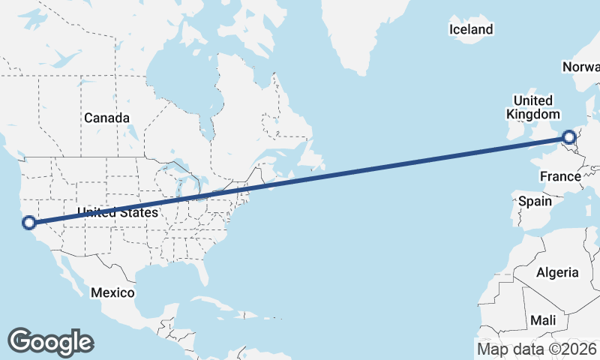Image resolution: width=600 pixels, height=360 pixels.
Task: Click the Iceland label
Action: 471,29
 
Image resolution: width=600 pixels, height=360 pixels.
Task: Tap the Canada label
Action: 106,118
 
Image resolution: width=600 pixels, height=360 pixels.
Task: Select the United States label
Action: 118,212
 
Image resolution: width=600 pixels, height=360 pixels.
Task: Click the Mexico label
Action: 112,292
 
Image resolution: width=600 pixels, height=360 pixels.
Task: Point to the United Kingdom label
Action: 533,107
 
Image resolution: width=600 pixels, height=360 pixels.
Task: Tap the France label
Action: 560,176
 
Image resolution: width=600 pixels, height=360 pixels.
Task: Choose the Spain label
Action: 535,201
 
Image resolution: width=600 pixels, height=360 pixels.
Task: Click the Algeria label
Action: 557,272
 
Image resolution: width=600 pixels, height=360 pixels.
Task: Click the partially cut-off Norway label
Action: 580,67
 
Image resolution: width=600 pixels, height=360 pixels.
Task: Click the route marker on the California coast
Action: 29,222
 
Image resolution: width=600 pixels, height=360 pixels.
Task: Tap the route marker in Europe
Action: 569,137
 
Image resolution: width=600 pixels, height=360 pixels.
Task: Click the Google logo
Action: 50,342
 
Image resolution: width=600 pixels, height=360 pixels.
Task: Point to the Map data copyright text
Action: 537,349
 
